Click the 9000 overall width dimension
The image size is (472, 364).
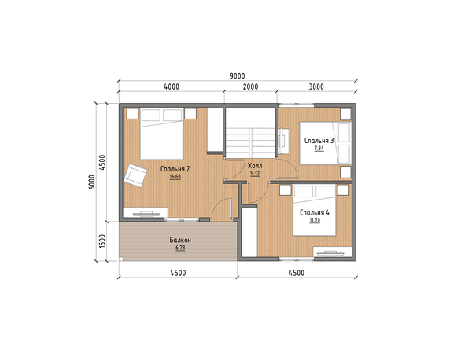238,76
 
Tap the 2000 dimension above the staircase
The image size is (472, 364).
250,86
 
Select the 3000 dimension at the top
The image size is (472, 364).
316,86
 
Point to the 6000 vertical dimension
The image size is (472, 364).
92,182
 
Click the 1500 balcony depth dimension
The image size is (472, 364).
102,241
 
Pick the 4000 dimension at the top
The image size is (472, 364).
171,86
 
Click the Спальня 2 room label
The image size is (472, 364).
175,169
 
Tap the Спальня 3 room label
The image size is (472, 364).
319,141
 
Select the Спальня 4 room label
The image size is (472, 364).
315,212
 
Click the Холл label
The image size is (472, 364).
255,166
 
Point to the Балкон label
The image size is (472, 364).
180,240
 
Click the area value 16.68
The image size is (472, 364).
175,177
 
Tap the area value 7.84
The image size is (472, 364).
319,148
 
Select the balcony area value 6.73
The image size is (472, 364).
180,248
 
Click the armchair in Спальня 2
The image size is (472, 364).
135,175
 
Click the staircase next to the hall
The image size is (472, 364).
251,132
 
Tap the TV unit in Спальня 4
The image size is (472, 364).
333,252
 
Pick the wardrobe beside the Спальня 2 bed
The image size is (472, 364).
215,130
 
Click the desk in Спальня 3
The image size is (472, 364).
284,141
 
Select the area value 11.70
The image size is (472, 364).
315,220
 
